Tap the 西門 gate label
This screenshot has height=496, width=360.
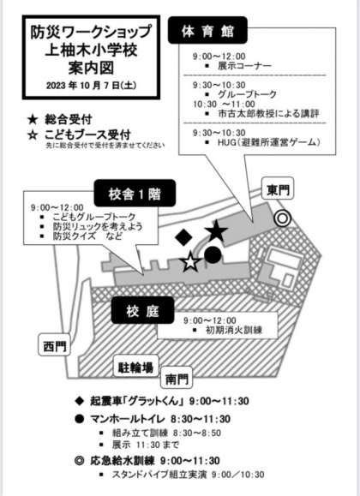tap(54, 345)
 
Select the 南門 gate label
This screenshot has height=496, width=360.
tap(177, 378)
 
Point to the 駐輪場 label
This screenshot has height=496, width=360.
tap(135, 367)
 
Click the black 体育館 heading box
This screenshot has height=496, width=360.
tap(207, 30)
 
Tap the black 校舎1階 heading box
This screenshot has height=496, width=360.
tap(135, 194)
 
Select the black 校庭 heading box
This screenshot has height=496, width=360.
tap(143, 310)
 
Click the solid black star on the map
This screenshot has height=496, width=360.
tap(216, 232)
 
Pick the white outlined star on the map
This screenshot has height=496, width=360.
tap(190, 262)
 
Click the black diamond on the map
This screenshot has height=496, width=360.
tap(183, 237)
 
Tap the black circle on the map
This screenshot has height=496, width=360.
tap(213, 255)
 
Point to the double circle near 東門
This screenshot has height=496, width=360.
tap(282, 219)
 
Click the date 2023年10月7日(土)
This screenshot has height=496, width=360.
tap(91, 86)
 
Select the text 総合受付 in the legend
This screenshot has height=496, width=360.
tap(69, 120)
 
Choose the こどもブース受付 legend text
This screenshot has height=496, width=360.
tap(87, 135)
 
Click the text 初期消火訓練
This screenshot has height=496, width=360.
tap(234, 330)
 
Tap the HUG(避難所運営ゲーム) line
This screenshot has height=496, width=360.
tap(269, 142)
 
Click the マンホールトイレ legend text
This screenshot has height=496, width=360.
tap(127, 419)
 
